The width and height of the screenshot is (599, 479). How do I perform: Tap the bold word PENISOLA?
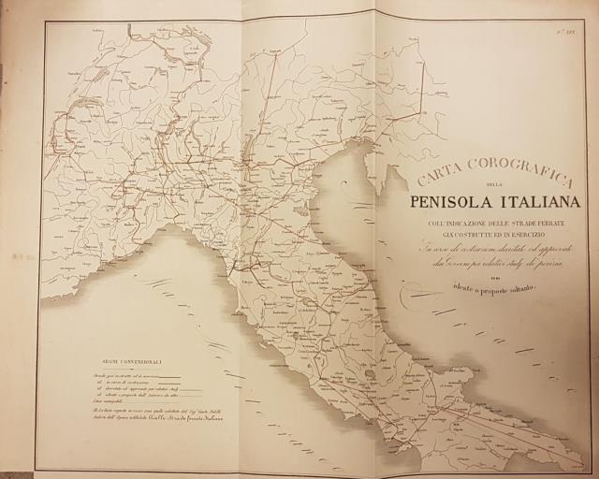pyautogui.click(x=453, y=202)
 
